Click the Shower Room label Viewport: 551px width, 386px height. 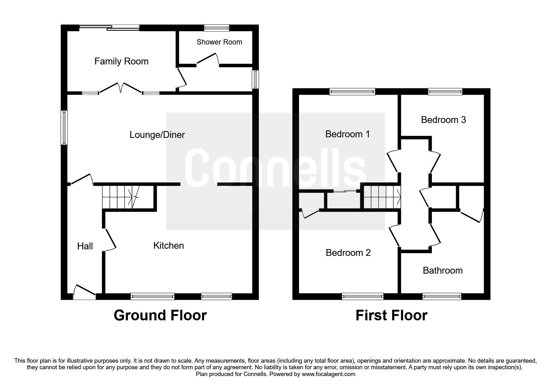219,42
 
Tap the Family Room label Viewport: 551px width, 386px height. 121,61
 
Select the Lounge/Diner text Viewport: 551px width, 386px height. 157,135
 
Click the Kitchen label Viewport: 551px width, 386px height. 168,246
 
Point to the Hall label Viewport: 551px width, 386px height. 85,246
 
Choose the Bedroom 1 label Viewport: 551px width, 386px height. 347,134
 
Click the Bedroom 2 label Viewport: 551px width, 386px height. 348,252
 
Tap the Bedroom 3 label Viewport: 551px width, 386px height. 443,120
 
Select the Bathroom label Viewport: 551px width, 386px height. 442,270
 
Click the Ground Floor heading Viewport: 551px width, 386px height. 160,315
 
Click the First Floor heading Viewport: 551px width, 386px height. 391,315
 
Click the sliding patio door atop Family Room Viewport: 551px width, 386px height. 109,28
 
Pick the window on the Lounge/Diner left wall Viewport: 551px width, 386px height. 64,127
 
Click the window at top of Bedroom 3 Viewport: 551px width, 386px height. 445,91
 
